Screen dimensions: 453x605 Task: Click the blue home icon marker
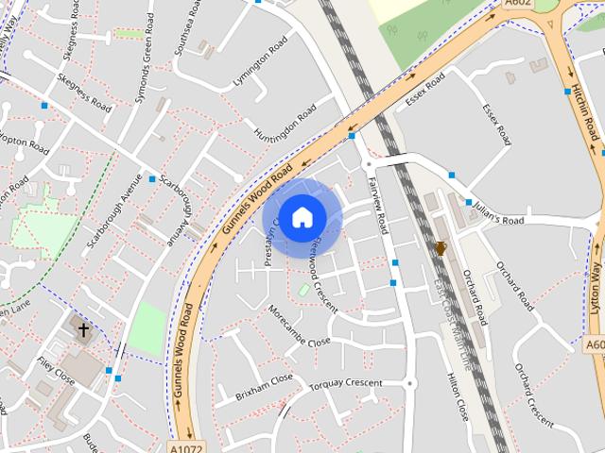click(x=302, y=217)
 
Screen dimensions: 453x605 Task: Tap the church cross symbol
click(x=84, y=330)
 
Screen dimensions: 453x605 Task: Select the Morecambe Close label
click(x=299, y=326)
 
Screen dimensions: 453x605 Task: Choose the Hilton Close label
click(x=457, y=395)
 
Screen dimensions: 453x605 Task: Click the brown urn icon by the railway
click(x=440, y=248)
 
